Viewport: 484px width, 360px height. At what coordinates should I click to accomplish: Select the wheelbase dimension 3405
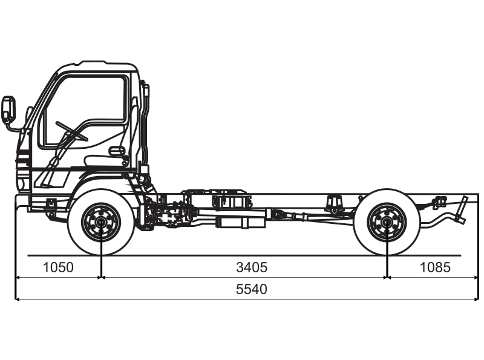pos(252,267)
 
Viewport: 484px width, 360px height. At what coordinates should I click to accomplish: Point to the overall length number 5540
pos(252,289)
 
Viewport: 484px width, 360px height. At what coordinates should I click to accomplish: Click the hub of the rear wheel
pos(387,223)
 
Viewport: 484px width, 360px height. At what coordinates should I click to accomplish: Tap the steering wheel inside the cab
pos(71,131)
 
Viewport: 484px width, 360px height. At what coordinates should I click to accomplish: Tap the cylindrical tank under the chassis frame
pos(241,223)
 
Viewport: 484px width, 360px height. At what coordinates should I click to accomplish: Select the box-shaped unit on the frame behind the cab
pos(229,200)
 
